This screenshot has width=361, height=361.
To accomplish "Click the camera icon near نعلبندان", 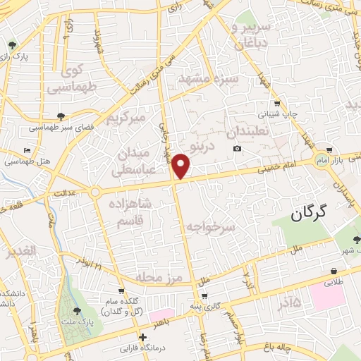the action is click(x=238, y=148).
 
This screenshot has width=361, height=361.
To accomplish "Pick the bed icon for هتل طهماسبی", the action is click(x=27, y=151).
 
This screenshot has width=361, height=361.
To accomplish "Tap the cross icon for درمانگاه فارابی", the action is click(x=143, y=336).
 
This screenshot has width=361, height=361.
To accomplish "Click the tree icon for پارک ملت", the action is click(x=77, y=311).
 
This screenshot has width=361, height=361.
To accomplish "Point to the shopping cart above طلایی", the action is click(x=332, y=270).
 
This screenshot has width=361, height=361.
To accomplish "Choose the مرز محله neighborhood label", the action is click(x=161, y=276).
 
